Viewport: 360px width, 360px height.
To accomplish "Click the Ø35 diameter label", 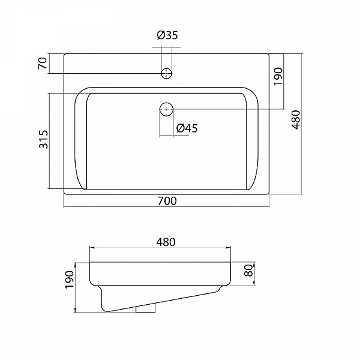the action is coord(167,35).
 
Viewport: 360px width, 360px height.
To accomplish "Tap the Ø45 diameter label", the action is coord(187,128).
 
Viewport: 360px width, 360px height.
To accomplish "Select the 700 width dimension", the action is coord(167,201).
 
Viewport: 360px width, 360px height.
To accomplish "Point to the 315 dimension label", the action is coord(44,139).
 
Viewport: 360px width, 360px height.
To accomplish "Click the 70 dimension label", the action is coord(43,64).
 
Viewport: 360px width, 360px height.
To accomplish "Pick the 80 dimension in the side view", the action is coord(248,271).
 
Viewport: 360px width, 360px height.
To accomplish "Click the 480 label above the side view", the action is coord(166,242).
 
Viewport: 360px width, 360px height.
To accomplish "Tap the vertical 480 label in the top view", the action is coord(295,120).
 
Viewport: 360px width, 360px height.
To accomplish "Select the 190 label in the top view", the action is coord(278,76).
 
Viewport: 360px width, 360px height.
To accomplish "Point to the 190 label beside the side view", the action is coord(70,280).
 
